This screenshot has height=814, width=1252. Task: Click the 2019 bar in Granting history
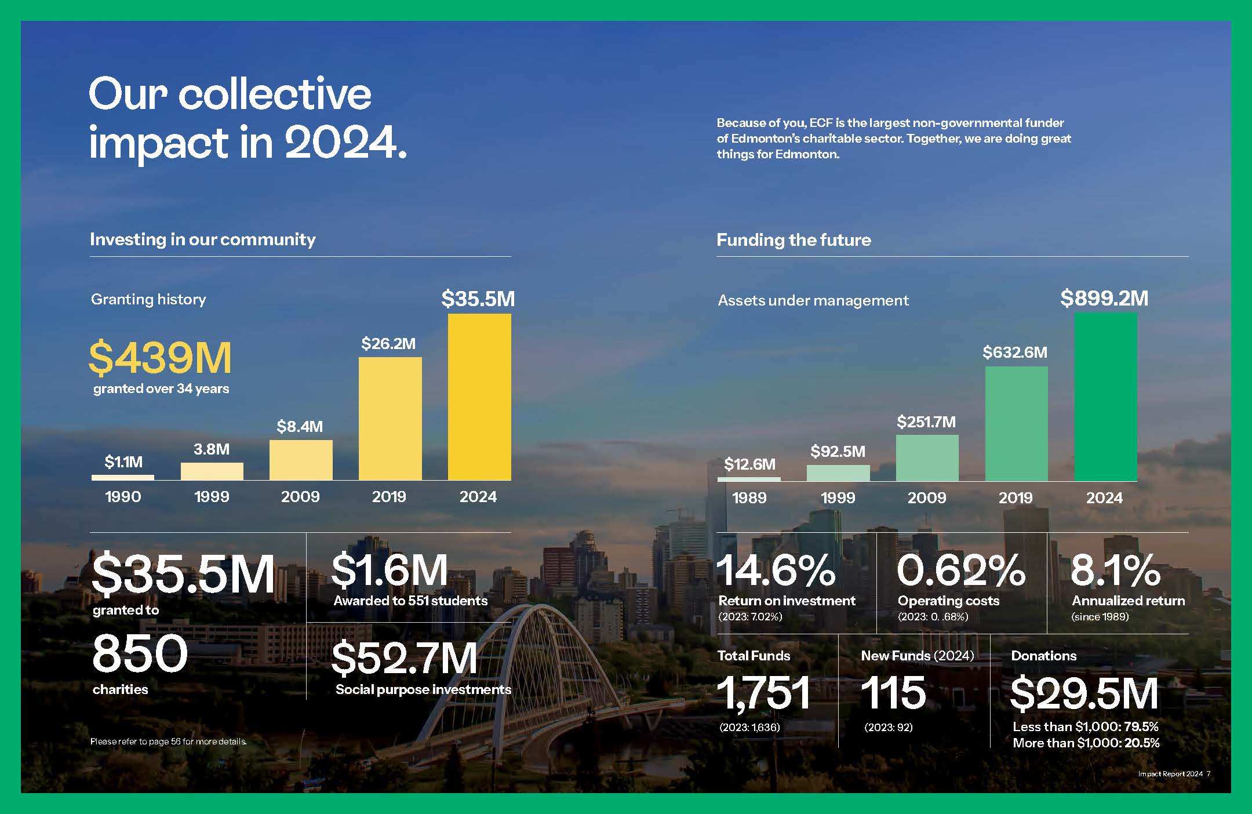[390, 419]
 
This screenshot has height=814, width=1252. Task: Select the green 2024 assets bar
[1106, 397]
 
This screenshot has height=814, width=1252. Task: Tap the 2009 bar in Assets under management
[927, 458]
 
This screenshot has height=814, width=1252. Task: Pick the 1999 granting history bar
[212, 471]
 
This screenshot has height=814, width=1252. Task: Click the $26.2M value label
[388, 344]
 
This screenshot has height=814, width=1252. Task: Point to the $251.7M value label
[926, 422]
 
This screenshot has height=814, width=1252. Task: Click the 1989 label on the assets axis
[749, 497]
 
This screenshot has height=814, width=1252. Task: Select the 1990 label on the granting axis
[123, 497]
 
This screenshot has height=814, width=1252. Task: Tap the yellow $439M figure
[160, 358]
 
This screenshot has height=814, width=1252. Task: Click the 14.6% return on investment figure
[777, 570]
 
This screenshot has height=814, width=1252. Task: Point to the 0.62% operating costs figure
[961, 570]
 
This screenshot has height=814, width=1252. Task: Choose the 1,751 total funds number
[764, 693]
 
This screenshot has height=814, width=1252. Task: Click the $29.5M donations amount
[1084, 693]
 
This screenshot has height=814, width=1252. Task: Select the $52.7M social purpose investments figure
[405, 659]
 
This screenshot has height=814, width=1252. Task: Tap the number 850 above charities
[140, 653]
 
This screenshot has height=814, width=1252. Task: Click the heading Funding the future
[794, 240]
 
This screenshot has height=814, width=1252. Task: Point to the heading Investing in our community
[203, 239]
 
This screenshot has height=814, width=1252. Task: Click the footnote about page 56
[169, 742]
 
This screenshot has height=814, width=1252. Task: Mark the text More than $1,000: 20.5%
[1086, 743]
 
